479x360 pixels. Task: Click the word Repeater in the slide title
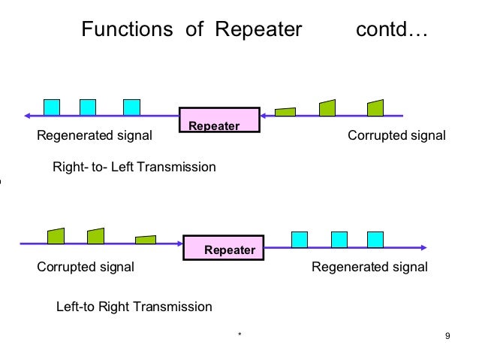pyautogui.click(x=258, y=31)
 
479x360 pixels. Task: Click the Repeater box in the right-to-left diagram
pyautogui.click(x=218, y=120)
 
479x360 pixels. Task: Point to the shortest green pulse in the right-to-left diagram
pyautogui.click(x=285, y=112)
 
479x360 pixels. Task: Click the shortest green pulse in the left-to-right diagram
pyautogui.click(x=146, y=239)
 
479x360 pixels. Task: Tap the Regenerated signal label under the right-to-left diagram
pyautogui.click(x=95, y=137)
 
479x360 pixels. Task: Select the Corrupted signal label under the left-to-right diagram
pyautogui.click(x=86, y=267)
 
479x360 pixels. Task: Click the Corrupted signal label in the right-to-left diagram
pyautogui.click(x=396, y=137)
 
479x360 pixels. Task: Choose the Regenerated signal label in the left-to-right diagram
pyautogui.click(x=369, y=267)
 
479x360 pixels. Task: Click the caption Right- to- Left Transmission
pyautogui.click(x=134, y=166)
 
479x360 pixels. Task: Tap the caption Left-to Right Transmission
pyautogui.click(x=134, y=307)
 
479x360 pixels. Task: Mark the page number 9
pyautogui.click(x=447, y=335)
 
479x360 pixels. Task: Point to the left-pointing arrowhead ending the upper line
pyautogui.click(x=28, y=116)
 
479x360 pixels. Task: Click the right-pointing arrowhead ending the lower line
pyautogui.click(x=424, y=247)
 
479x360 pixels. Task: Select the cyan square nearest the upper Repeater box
pyautogui.click(x=132, y=107)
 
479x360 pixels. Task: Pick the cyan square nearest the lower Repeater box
pyautogui.click(x=299, y=238)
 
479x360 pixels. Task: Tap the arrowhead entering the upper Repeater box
pyautogui.click(x=264, y=116)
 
